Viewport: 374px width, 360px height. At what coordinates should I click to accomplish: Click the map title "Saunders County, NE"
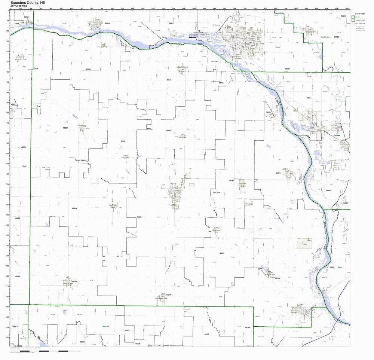28,2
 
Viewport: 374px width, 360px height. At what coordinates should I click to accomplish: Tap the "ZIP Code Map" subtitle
19,6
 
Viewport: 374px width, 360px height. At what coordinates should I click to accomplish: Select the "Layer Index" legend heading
360,13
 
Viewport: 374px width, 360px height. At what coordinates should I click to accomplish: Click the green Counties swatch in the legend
353,17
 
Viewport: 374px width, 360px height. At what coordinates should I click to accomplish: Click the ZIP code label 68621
171,23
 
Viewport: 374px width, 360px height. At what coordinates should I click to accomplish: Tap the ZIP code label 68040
123,141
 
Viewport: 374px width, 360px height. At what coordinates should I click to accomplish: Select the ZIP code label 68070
74,208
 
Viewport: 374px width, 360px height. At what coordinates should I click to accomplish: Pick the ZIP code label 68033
222,253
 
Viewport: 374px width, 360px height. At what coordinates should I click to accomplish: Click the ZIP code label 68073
278,173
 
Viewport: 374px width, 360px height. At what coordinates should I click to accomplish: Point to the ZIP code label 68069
328,190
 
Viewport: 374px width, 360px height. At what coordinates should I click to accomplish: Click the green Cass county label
315,332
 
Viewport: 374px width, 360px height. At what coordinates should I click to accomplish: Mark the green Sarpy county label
340,267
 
